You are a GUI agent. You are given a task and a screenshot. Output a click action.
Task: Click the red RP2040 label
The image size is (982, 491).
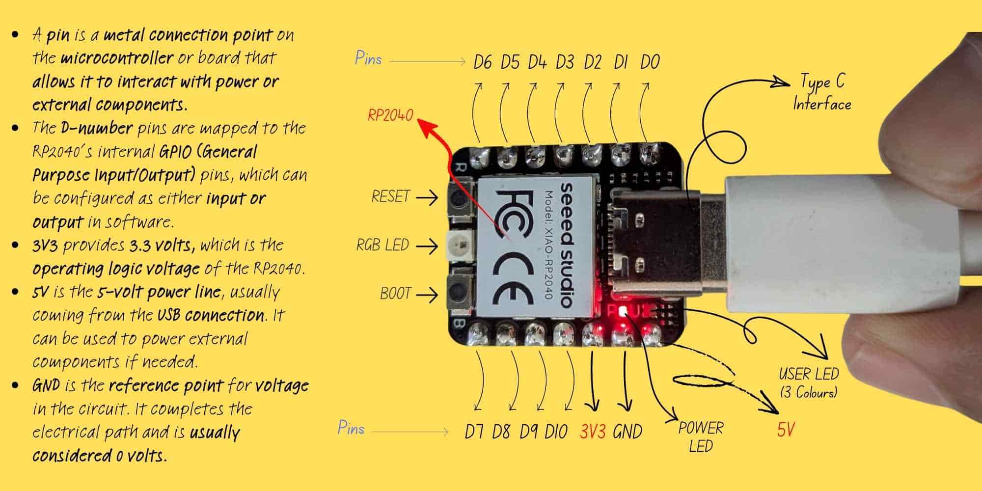tap(390, 116)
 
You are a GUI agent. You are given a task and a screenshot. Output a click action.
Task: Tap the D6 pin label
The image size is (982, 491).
tap(483, 62)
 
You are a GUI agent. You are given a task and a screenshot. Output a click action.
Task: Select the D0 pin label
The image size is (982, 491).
tap(650, 62)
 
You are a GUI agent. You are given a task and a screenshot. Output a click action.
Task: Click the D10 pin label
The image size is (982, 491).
tap(556, 432)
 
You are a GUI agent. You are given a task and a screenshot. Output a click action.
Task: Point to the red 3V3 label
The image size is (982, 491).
tap(593, 432)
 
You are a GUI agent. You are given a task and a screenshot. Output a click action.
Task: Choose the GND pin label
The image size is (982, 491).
tap(627, 432)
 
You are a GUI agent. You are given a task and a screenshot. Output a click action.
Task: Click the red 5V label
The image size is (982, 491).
tap(786, 430)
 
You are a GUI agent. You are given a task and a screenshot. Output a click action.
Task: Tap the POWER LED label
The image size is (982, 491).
tap(701, 436)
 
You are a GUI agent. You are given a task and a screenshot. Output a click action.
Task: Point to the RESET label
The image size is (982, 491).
tap(390, 197)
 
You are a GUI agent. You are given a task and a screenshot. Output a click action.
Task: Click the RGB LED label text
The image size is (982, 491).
tap(382, 245)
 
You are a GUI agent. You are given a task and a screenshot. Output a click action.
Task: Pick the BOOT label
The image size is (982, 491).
tap(395, 293)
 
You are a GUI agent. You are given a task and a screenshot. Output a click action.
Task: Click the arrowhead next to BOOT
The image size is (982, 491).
tap(432, 295)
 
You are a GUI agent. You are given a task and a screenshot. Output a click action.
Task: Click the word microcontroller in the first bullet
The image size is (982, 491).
tap(117, 58)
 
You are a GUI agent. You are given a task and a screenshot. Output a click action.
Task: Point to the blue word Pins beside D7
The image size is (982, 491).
tap(351, 428)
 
